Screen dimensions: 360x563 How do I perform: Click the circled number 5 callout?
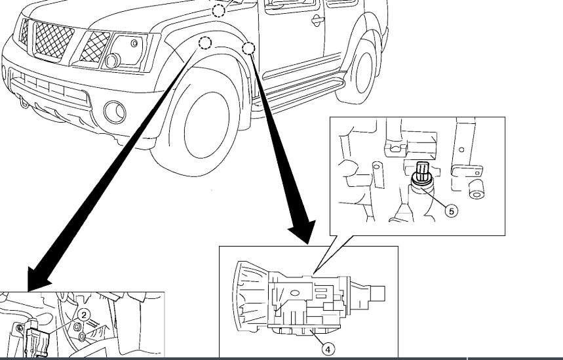point(450,210)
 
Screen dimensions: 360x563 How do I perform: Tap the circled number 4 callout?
point(328,349)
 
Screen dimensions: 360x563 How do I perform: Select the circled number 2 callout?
point(84,315)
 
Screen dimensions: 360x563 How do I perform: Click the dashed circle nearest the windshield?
point(219,10)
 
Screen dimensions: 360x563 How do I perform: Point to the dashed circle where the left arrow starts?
point(205,43)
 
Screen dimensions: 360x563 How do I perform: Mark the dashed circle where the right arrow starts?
point(248,48)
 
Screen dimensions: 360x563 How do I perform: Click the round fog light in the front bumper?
point(115,112)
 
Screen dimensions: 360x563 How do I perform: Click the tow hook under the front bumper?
point(25,103)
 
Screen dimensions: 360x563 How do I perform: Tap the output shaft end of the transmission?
point(378,292)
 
